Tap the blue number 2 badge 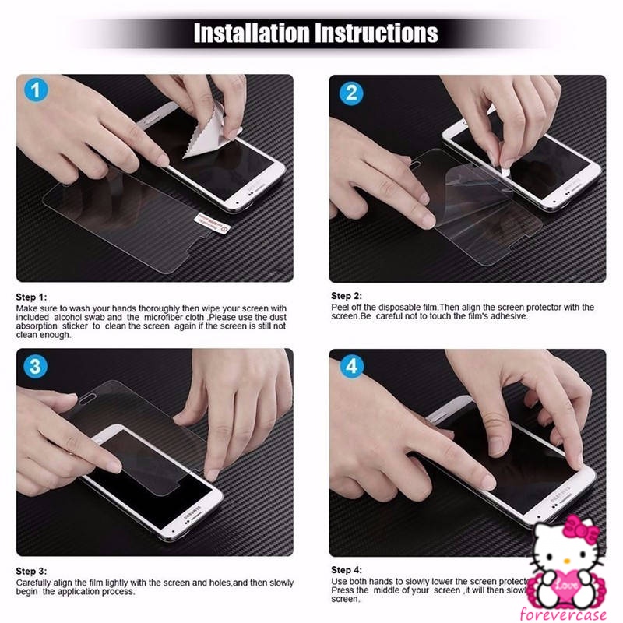pos(350,93)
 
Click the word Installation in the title pos(252,33)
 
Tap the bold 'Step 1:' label pos(32,297)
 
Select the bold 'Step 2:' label pos(347,296)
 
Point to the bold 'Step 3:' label pos(32,572)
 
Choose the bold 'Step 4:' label pos(347,570)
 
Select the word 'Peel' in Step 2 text pos(340,308)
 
